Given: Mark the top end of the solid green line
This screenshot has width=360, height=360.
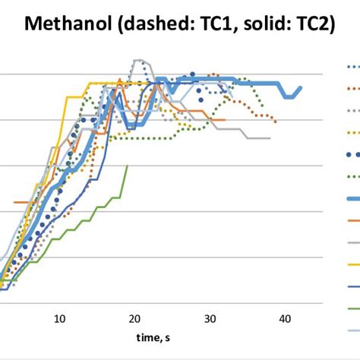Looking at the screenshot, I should coord(127,166).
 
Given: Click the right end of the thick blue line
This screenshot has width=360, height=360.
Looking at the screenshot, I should coord(302,87).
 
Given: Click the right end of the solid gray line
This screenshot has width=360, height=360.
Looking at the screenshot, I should coord(270,138).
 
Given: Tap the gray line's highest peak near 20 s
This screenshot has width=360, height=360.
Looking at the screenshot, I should coord(137,60).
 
